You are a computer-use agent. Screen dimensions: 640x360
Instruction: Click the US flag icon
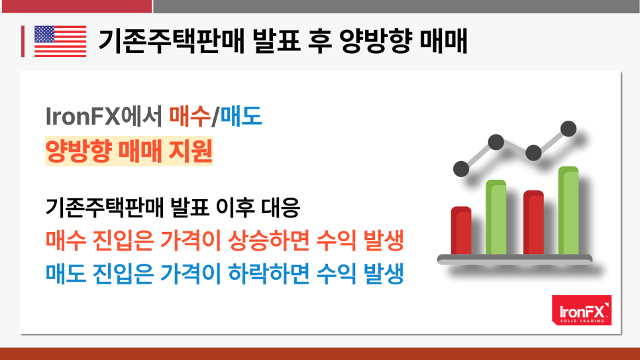coord(60,41)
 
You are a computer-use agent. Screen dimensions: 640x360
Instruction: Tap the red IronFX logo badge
coord(582,310)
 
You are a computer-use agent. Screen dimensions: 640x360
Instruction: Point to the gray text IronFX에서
coord(104,116)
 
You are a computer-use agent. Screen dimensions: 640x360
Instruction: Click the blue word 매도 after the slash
coord(241,116)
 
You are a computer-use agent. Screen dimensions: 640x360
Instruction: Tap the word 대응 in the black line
coord(280,207)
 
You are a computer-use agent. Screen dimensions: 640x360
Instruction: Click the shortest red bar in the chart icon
coord(461,231)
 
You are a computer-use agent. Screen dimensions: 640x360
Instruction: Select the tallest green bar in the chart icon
coord(568,210)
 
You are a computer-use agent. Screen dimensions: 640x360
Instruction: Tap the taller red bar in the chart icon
coord(533,222)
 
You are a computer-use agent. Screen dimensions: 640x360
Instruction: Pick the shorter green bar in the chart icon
coord(496,217)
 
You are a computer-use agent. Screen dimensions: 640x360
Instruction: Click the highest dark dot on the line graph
coord(568,129)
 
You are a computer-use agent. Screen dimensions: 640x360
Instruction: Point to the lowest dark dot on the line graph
coord(461,169)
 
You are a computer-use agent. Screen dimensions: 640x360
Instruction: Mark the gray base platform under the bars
coord(515,259)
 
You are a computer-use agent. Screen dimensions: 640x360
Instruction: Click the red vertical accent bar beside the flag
coord(23,41)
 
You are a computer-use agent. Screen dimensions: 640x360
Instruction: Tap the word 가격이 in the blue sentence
coord(191,273)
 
